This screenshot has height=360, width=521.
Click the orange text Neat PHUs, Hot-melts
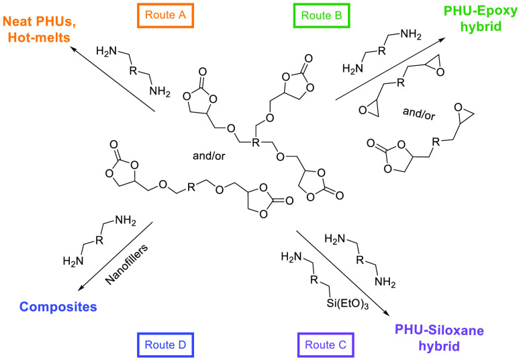point(37,30)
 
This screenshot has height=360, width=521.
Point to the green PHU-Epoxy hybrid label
point(478,20)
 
